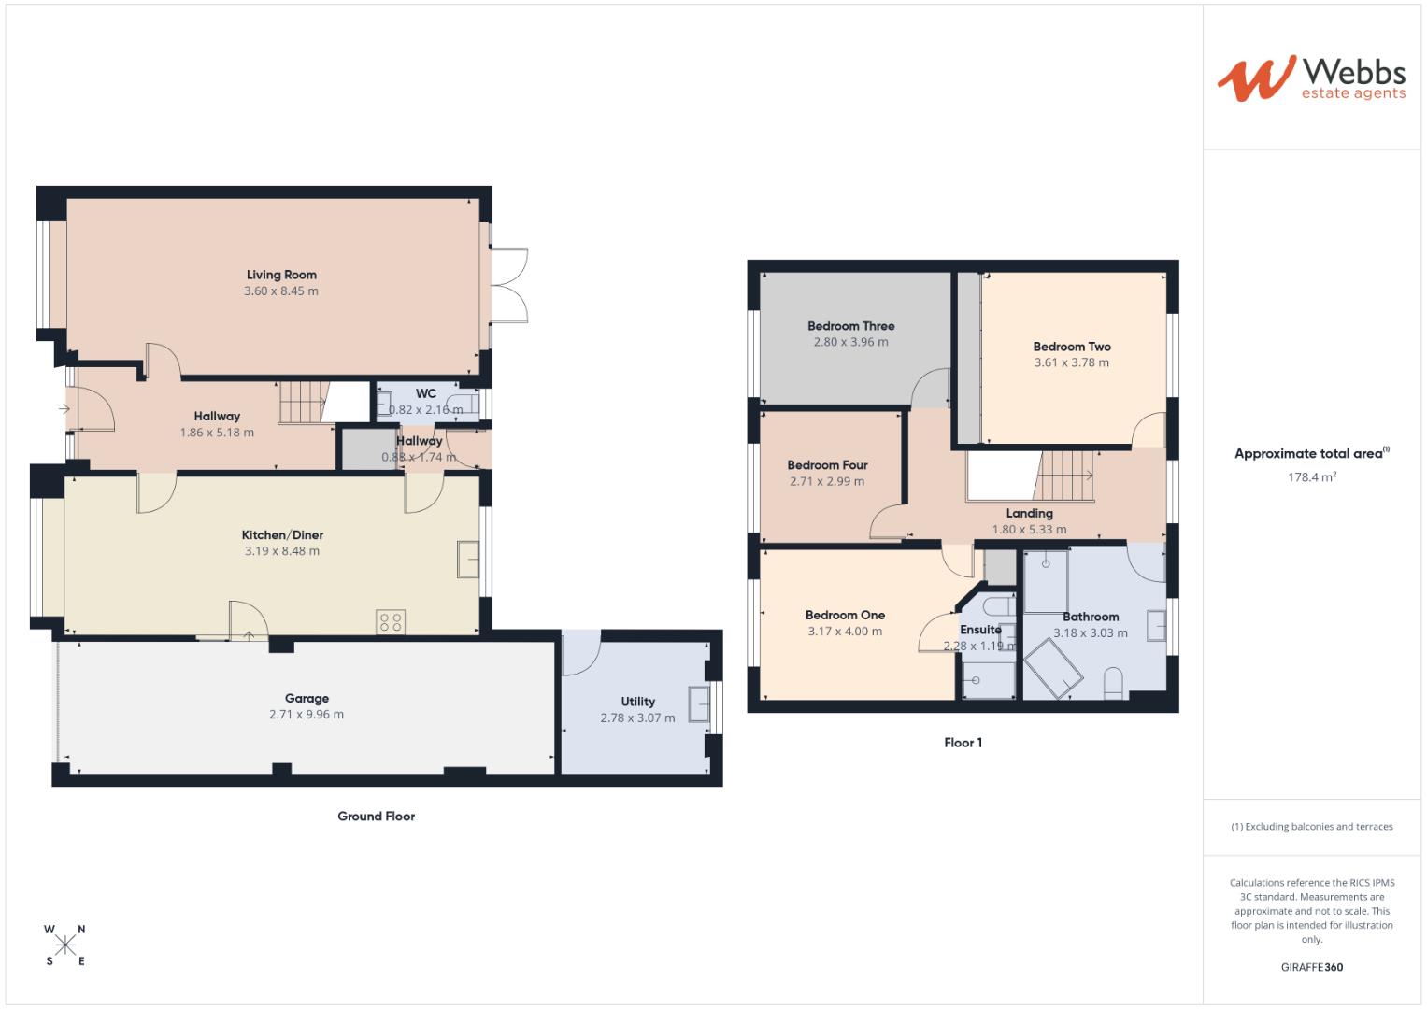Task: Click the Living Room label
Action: click(x=281, y=275)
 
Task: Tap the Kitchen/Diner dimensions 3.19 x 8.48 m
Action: click(x=281, y=551)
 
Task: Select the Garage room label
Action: click(x=307, y=698)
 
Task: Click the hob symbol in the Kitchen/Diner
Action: click(x=391, y=622)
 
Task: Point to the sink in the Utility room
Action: click(x=698, y=703)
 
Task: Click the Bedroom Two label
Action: click(x=1072, y=347)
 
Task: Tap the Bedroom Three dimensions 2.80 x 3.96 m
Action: click(x=850, y=342)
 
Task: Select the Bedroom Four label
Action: click(x=827, y=465)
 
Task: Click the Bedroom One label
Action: click(x=845, y=615)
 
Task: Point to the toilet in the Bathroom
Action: click(x=1113, y=683)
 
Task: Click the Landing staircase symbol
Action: click(x=1065, y=476)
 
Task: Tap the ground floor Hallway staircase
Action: click(x=301, y=403)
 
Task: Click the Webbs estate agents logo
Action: click(x=1311, y=78)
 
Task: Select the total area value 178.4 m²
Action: click(x=1311, y=477)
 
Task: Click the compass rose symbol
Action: click(x=65, y=945)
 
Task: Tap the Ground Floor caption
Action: click(x=376, y=817)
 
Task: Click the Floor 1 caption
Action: click(x=963, y=744)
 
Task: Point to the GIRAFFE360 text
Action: click(x=1311, y=968)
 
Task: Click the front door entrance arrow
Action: click(x=64, y=408)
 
